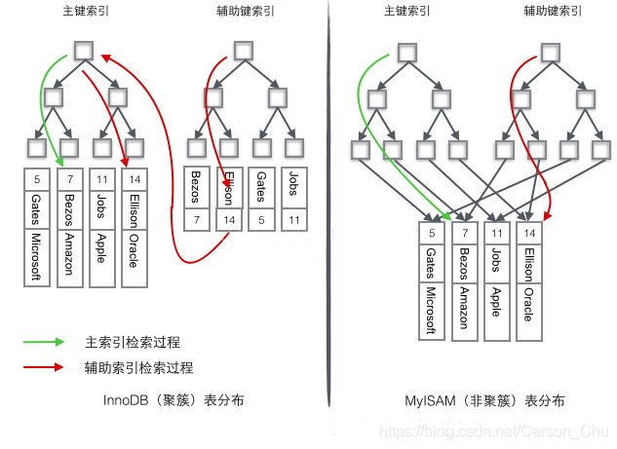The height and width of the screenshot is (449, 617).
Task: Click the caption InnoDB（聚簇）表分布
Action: pyautogui.click(x=174, y=400)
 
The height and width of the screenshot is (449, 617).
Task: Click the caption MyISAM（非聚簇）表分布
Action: pyautogui.click(x=484, y=400)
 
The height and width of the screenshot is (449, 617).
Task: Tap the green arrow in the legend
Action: pyautogui.click(x=45, y=343)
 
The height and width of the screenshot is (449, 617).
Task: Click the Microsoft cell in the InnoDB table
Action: pyautogui.click(x=36, y=257)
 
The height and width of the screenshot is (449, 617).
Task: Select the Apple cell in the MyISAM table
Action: pyautogui.click(x=497, y=304)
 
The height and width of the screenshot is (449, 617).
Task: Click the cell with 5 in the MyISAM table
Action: pyautogui.click(x=432, y=233)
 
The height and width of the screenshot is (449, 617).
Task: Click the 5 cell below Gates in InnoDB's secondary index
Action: pyautogui.click(x=261, y=221)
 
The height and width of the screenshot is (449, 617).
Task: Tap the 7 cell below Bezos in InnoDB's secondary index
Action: pyautogui.click(x=197, y=221)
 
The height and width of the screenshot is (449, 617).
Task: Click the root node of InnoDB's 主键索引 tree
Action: pyautogui.click(x=84, y=51)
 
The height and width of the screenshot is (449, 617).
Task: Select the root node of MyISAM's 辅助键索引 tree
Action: pyautogui.click(x=551, y=51)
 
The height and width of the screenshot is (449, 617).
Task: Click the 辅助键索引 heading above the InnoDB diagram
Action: pyautogui.click(x=246, y=12)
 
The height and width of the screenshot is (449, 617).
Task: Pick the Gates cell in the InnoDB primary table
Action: pyautogui.click(x=36, y=207)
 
